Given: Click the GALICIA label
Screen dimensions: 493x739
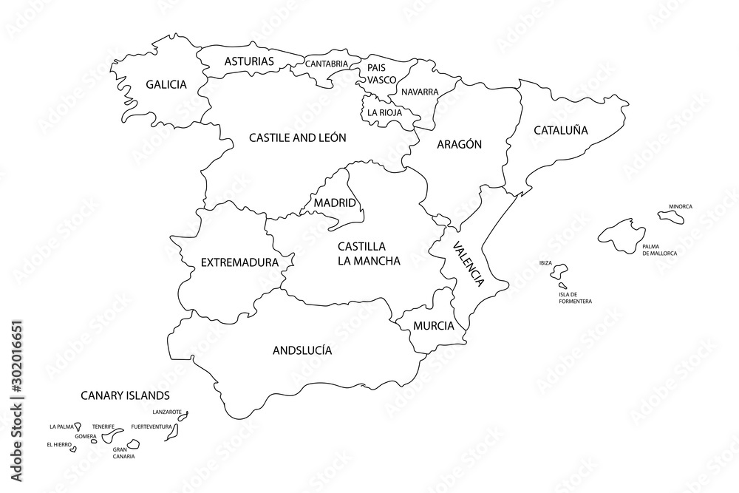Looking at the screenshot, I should pos(166,84).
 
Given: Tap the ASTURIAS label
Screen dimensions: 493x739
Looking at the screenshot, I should pos(249,61).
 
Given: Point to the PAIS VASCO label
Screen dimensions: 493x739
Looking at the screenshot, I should pos(382,72).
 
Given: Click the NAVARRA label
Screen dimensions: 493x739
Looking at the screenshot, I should pos(420,92).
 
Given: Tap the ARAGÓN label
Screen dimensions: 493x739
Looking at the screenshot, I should pos(459,145).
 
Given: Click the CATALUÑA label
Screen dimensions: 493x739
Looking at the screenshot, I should pos(561,130).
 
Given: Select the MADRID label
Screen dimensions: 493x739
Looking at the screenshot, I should pos(335,203).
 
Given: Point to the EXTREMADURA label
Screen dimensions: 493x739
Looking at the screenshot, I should pos(239,262).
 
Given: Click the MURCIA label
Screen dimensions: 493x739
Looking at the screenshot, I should pos(434,325).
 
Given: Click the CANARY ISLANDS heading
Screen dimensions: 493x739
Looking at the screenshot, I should pos(125,395).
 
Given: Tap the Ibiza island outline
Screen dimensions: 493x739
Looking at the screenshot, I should pos(559,271).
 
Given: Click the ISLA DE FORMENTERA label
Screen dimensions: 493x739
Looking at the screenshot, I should pos(575,298).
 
